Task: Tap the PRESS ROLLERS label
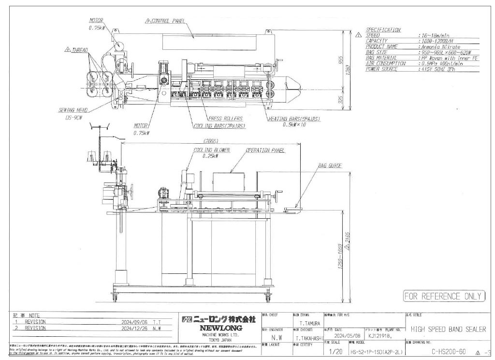(225, 119)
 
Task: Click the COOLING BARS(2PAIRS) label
(219, 126)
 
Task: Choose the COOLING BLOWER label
(212, 150)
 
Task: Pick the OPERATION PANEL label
(263, 150)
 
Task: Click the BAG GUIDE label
(330, 165)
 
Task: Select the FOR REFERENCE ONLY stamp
(443, 296)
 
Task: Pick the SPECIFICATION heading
(383, 30)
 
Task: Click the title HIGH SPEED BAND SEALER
(448, 330)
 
